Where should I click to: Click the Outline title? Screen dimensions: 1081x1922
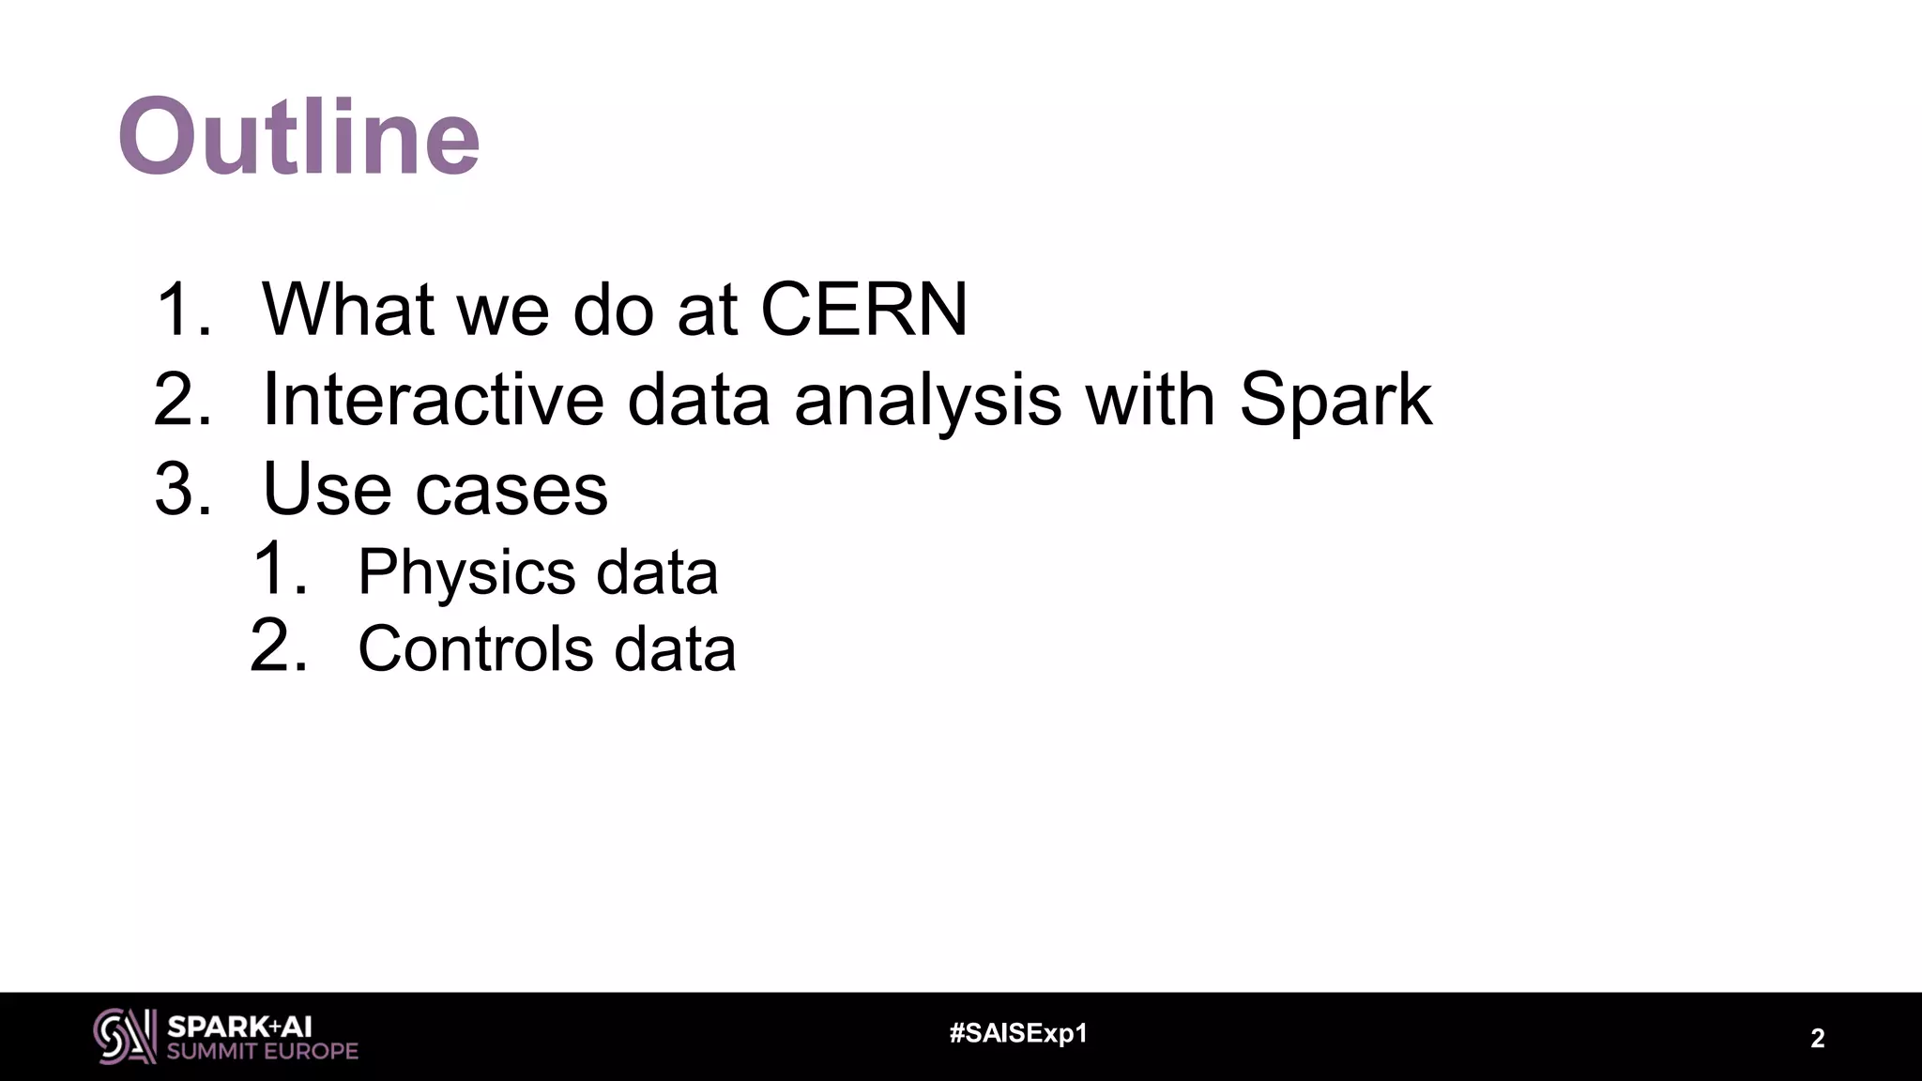click(298, 137)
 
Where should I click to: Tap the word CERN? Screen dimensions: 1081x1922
click(863, 309)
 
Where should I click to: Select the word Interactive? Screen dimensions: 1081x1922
click(433, 400)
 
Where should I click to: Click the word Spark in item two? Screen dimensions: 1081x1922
click(1335, 400)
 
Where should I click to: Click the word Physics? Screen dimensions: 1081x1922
click(465, 571)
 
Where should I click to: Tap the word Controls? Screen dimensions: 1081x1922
click(475, 648)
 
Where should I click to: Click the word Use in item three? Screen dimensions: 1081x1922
click(325, 489)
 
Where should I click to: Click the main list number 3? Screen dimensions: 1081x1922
click(181, 490)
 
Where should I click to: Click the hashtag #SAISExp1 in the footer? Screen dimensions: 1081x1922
click(1018, 1034)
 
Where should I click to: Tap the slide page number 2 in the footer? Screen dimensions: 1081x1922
click(1817, 1039)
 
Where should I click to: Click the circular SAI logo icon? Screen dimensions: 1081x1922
click(124, 1036)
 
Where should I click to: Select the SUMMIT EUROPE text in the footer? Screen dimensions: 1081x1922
click(263, 1052)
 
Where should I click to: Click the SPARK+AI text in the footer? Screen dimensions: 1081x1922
click(239, 1027)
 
